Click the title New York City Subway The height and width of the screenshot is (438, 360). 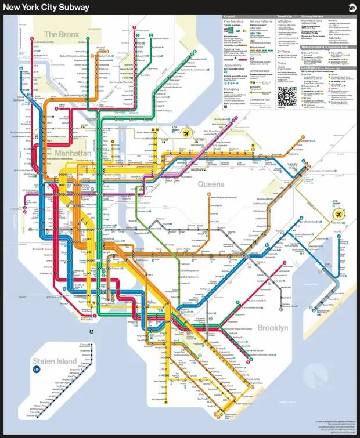[46, 7]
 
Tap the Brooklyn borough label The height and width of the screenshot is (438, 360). [272, 328]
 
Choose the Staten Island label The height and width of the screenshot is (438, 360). [54, 361]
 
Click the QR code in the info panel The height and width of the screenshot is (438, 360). [286, 96]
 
